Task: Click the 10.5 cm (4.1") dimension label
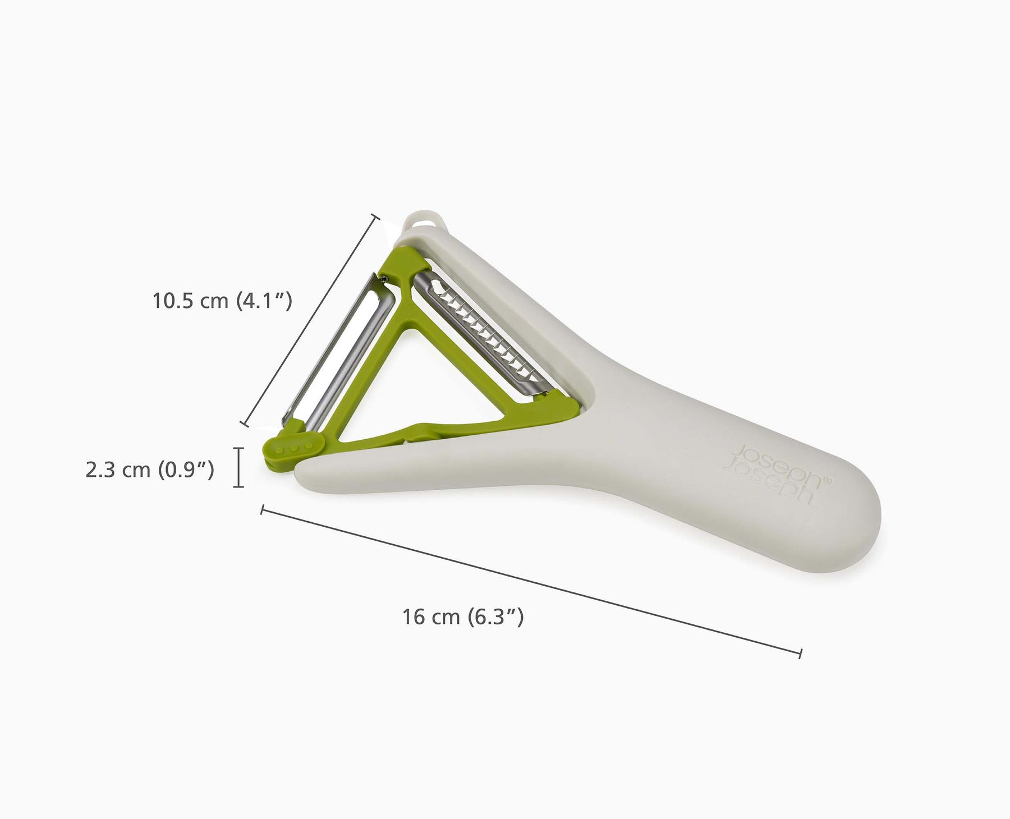(222, 301)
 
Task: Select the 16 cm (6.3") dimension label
(463, 617)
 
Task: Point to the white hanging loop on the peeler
(428, 219)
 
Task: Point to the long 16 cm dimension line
(530, 581)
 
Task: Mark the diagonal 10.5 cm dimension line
(310, 320)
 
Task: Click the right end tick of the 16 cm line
(800, 653)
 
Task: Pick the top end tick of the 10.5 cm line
(376, 217)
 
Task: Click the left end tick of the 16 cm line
(262, 509)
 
